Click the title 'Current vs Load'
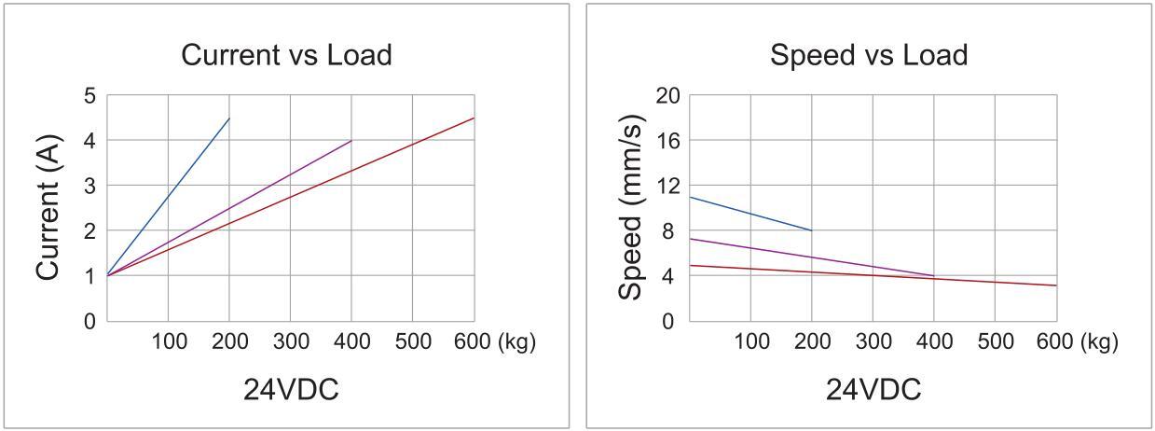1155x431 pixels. (x=286, y=55)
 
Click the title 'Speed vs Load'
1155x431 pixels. (x=868, y=55)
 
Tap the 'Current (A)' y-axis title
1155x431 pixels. (x=48, y=208)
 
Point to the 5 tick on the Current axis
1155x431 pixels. (x=89, y=96)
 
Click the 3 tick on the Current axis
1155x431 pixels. (x=89, y=186)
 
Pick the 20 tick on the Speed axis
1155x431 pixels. (x=667, y=96)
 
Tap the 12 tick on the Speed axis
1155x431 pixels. (x=667, y=186)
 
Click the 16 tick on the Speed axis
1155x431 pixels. (x=667, y=141)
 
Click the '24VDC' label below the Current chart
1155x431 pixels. (x=291, y=389)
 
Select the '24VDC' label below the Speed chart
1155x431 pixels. (x=873, y=389)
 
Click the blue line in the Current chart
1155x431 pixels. (x=168, y=197)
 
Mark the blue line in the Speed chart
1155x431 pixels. (x=750, y=214)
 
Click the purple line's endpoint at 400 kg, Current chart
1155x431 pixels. (x=351, y=141)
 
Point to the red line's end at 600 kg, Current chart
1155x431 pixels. (x=474, y=118)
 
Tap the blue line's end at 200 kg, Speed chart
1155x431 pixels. (x=811, y=230)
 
